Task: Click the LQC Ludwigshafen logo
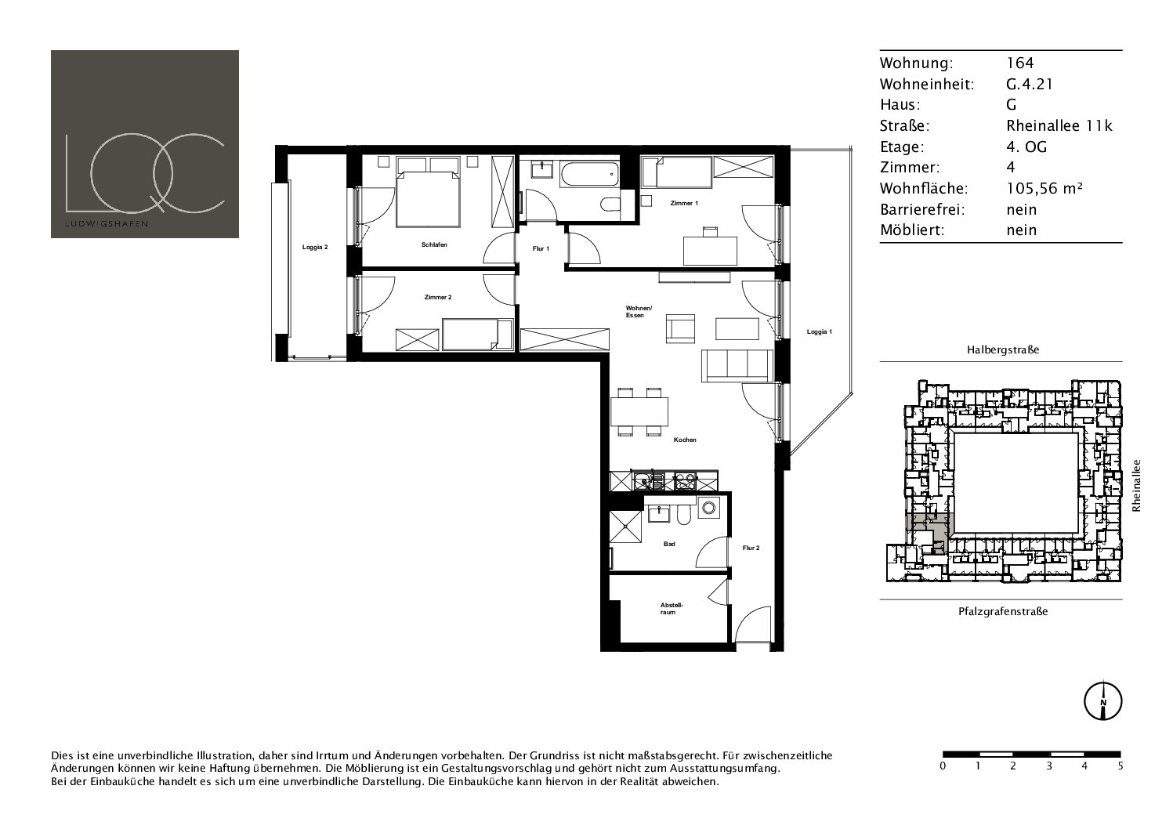pos(144,144)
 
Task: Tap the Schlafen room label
pos(434,244)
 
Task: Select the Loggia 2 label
pos(315,247)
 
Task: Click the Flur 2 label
pos(751,548)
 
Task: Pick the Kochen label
pos(685,440)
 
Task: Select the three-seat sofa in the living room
pos(737,366)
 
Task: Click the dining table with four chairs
pos(639,411)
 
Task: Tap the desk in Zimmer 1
pos(710,251)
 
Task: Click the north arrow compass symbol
pos(1102,700)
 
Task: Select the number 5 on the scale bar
pos(1121,766)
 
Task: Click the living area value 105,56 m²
pos(1044,188)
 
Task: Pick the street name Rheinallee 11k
pos(1059,125)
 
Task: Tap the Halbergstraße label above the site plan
pos(1003,349)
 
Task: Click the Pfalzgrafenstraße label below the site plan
pos(1003,611)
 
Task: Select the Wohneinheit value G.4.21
pos(1030,84)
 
